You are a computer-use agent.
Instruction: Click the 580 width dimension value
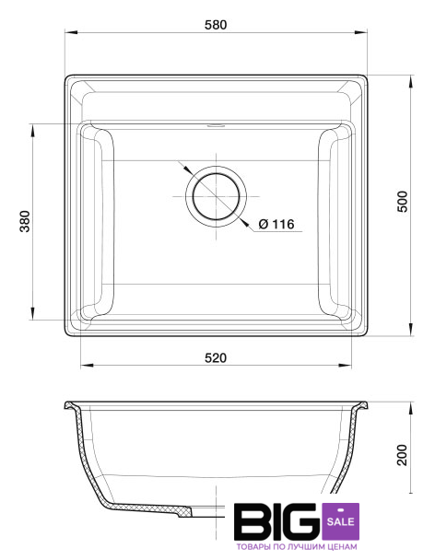216,25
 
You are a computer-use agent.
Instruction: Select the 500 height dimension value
403,202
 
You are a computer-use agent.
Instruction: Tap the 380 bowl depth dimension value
25,221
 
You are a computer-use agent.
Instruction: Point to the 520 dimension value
216,357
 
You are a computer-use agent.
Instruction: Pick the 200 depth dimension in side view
403,455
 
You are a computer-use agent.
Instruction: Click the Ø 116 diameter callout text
276,224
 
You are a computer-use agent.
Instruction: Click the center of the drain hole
216,196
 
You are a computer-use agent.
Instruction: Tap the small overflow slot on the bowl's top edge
216,125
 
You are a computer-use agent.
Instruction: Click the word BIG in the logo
277,521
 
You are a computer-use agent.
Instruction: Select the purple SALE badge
340,521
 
